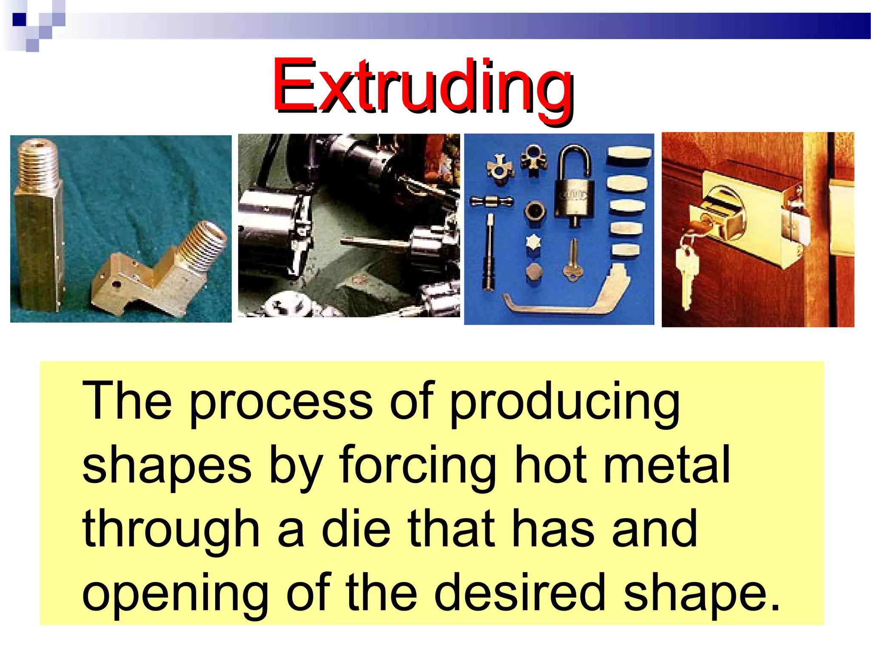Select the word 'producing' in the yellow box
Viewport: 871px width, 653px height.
(x=564, y=402)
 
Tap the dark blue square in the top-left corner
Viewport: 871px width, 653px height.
(x=20, y=20)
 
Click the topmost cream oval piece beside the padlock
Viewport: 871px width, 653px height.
(x=629, y=156)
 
